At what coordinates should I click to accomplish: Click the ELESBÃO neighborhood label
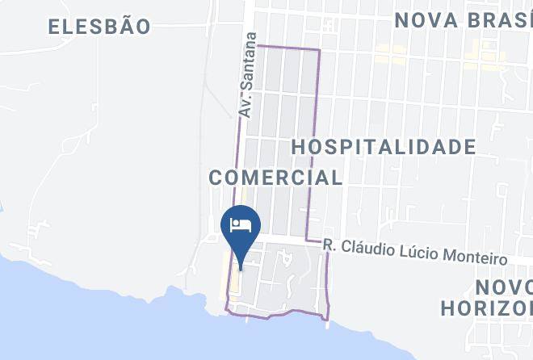pos(99,27)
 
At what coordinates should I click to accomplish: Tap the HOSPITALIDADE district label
pos(383,147)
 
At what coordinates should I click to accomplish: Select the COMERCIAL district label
pos(275,177)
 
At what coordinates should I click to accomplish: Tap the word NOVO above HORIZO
pos(503,287)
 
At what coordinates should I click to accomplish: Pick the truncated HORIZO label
pos(487,308)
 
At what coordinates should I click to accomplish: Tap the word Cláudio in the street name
pos(367,248)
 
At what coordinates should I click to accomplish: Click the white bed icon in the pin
pos(241,223)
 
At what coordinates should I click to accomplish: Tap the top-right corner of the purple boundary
pos(320,49)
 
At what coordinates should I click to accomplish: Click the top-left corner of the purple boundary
pos(257,45)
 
